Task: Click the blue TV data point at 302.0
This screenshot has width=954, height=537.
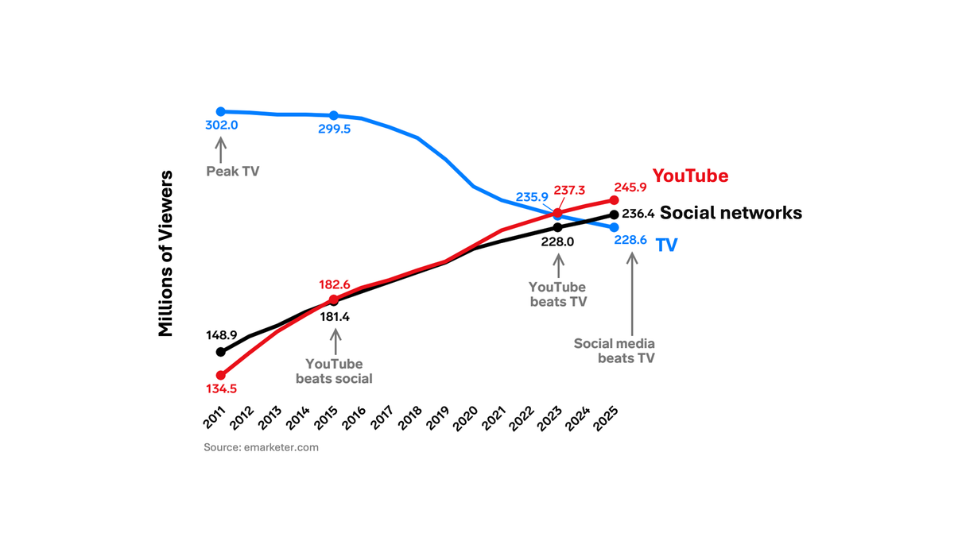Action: coord(221,112)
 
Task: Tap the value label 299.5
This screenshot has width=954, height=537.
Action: coord(334,129)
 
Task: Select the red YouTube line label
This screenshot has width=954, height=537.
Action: coord(690,176)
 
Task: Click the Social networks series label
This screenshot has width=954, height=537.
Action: coord(731,213)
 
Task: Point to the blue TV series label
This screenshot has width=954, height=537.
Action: coord(666,245)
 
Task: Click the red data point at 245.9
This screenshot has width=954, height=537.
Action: coord(614,200)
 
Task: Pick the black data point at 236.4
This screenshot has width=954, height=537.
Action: coord(614,214)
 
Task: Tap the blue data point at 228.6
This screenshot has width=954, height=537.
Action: coord(614,228)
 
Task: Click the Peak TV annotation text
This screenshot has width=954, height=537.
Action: coord(233,171)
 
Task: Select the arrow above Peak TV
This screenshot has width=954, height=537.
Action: coord(221,149)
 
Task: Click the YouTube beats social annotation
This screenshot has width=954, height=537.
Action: coord(334,371)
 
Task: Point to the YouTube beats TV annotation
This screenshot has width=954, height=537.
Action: coord(557,294)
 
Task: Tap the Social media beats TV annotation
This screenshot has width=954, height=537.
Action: coord(615,350)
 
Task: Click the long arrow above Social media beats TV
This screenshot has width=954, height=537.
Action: coord(632,294)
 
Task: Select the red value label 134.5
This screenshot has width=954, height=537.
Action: coord(222,388)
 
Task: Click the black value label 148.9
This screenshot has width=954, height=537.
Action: coord(222,334)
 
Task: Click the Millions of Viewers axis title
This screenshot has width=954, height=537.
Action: coord(165,253)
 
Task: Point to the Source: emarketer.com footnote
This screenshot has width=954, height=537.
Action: coord(261,447)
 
